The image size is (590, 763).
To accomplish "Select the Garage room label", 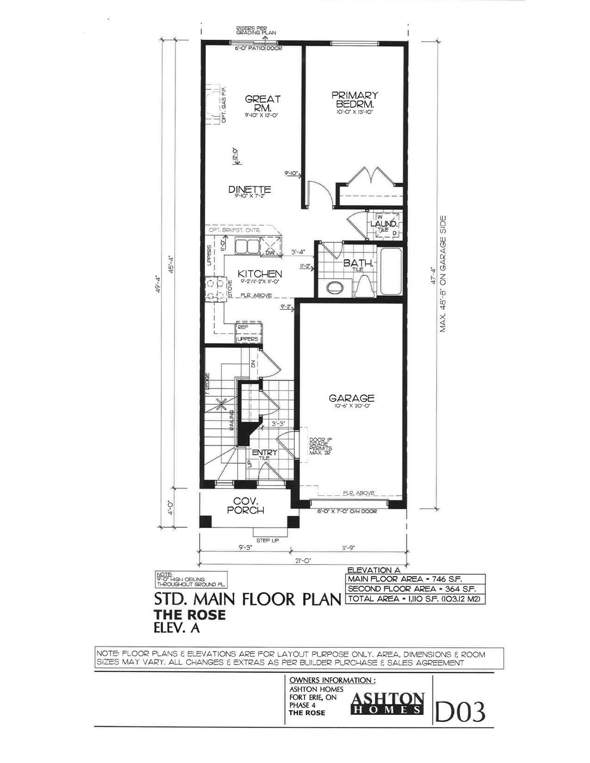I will pos(352,398).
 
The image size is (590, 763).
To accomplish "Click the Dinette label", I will pos(249,190).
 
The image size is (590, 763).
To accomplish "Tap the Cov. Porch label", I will pos(248,505).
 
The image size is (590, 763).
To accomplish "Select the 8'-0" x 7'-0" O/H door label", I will pos(347,512).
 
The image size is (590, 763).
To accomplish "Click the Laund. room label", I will pos(384,224).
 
